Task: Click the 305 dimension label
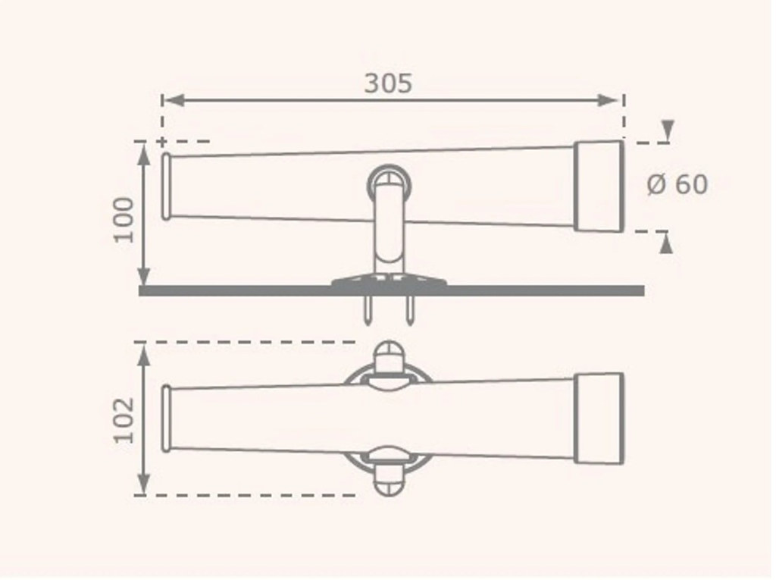pos(388,83)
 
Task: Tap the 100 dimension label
pos(124,219)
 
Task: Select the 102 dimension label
pos(124,419)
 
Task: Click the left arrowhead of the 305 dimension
pos(174,101)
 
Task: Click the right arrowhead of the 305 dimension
pos(609,101)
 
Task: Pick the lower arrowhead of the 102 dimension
pos(143,483)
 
